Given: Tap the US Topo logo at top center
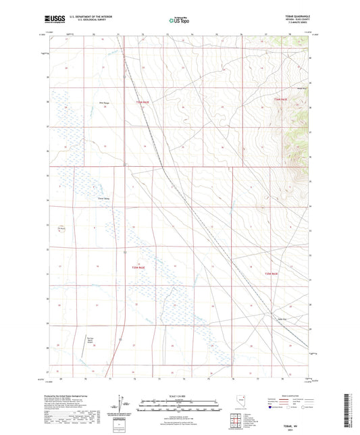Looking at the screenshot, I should [x=179, y=21].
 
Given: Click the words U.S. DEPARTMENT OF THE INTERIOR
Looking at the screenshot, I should [x=86, y=18].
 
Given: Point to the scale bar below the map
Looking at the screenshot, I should [x=179, y=404].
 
